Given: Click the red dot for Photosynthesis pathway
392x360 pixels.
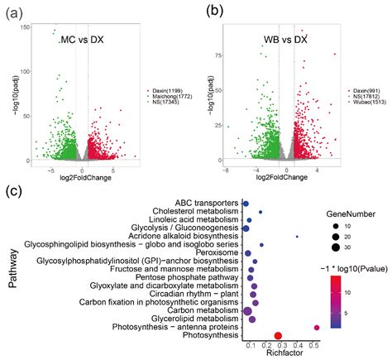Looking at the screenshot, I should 279,336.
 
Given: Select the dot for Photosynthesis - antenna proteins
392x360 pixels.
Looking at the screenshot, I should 317,328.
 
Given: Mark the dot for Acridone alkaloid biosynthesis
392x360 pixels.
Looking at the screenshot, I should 297,237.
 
